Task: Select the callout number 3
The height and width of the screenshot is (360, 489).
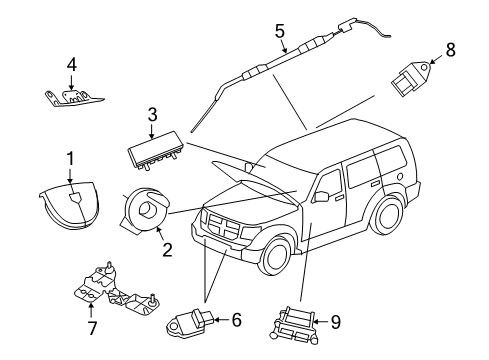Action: click(151, 115)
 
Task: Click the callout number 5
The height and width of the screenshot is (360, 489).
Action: click(281, 29)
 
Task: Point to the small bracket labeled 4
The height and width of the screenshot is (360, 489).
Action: click(72, 96)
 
